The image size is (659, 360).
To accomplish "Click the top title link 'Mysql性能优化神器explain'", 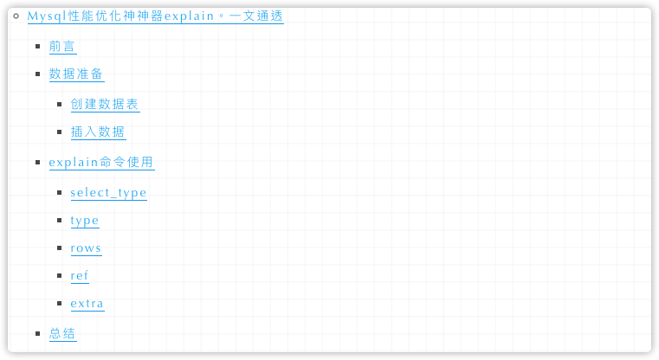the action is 155,16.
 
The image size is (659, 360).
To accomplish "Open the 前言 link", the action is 62,47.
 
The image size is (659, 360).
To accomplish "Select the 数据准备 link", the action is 76,74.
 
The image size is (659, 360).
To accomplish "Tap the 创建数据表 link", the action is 105,104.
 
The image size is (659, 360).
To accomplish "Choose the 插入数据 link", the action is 98,132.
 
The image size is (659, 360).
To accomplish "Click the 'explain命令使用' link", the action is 101,162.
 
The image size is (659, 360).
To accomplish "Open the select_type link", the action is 108,192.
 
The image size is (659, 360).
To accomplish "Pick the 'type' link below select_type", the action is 85,221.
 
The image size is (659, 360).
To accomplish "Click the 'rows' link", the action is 86,248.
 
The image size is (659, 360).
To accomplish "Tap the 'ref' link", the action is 80,276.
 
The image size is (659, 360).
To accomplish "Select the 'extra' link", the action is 87,304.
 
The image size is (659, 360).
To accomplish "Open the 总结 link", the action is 62,333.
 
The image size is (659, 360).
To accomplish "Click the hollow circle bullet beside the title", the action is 16,16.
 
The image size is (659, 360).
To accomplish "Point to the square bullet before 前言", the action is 38,47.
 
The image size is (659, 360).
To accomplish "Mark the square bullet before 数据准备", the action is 38,74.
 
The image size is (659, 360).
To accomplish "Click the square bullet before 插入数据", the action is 60,132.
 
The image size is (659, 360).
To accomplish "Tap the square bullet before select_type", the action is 60,192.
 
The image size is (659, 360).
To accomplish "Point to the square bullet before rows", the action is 60,248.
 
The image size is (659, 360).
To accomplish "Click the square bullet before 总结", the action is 38,333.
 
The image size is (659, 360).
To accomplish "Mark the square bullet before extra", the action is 60,304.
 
